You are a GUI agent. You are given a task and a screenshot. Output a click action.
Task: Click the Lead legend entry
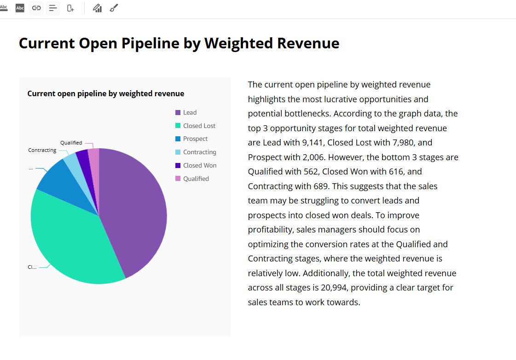pyautogui.click(x=190, y=112)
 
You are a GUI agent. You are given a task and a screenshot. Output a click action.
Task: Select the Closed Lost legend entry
pyautogui.click(x=199, y=126)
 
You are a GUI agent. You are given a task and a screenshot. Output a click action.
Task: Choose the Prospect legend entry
pyautogui.click(x=195, y=139)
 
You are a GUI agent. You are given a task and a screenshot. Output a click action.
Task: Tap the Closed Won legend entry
pyautogui.click(x=199, y=165)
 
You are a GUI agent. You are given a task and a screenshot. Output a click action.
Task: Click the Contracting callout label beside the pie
pyautogui.click(x=42, y=150)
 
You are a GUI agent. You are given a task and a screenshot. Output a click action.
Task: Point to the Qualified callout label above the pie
pyautogui.click(x=71, y=143)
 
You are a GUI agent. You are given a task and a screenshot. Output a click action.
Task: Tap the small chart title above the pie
pyautogui.click(x=105, y=93)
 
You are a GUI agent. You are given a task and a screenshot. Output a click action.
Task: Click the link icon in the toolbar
pyautogui.click(x=36, y=8)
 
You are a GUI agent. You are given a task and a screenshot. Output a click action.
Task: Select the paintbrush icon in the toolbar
pyautogui.click(x=114, y=8)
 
